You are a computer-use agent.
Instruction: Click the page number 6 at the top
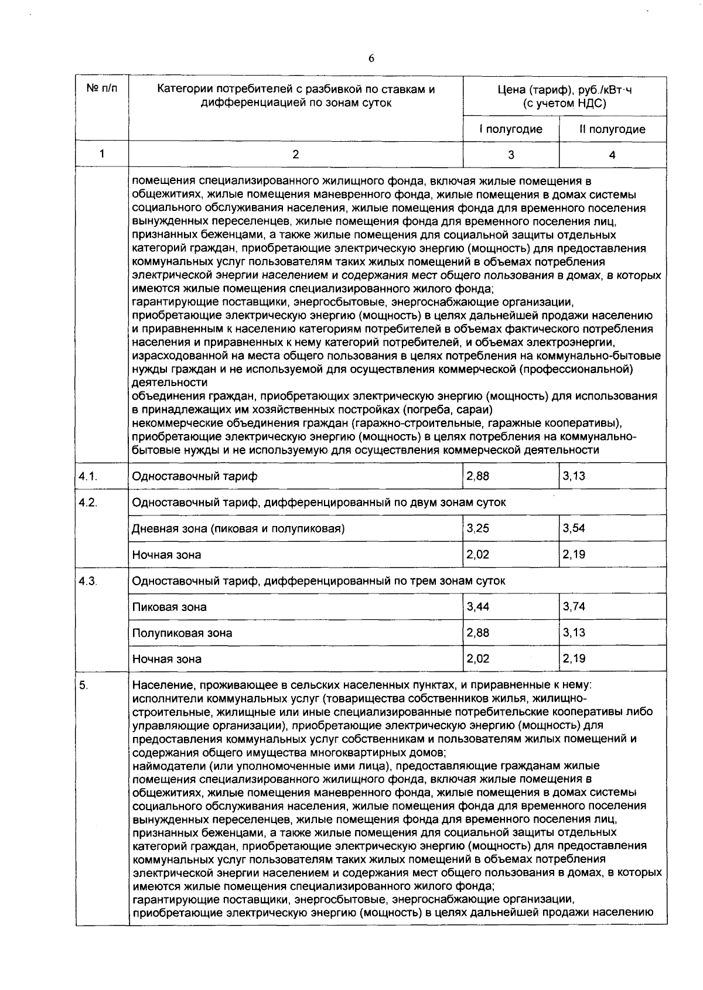coord(371,58)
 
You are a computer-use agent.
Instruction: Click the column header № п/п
coord(102,90)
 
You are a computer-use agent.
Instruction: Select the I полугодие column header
coord(511,129)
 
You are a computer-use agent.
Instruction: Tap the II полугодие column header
coord(612,129)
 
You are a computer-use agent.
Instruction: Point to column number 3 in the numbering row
coord(511,155)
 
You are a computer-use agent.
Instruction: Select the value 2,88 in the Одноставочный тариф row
coord(477,476)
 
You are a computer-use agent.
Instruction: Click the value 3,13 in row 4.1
coord(574,476)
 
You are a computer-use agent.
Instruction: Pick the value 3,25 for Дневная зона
coord(477,528)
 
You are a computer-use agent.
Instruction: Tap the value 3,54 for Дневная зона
coord(574,528)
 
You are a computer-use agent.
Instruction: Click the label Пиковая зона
coord(169,607)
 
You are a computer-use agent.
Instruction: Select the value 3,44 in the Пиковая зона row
coord(477,607)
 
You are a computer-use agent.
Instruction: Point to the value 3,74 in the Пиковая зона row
coord(574,607)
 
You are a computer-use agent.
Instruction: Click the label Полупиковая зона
coord(182,633)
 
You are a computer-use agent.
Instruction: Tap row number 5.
coord(83,685)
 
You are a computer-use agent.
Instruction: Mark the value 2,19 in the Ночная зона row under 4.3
coord(574,658)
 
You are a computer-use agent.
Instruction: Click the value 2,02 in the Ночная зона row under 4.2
coord(477,554)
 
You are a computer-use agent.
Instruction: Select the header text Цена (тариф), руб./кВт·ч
coord(565,90)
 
